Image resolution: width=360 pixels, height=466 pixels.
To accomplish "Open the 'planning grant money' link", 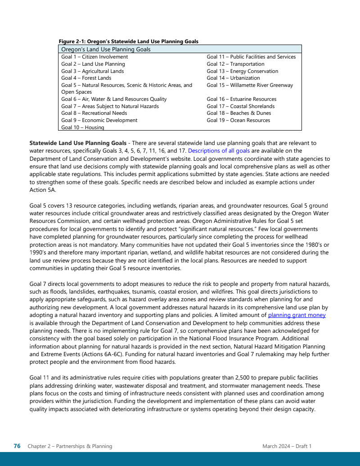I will coord(297,315).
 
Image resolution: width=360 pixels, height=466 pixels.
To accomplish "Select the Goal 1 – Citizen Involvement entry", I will coord(94,57).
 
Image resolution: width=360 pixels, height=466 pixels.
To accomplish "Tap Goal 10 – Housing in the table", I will coord(83,127).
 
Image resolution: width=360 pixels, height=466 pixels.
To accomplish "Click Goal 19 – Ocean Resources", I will coord(238,120).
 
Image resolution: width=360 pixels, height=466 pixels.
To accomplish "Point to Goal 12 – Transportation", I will coord(235,64).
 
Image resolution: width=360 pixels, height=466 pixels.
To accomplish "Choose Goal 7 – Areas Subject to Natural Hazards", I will coord(110,106).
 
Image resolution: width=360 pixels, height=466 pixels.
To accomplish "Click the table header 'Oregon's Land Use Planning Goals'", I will coord(106,50).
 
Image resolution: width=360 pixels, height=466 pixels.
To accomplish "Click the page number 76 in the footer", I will coord(17,446).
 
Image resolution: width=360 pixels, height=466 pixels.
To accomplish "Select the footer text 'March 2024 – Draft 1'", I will coord(287,446).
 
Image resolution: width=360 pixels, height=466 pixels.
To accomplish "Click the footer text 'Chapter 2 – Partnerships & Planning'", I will coord(70,446).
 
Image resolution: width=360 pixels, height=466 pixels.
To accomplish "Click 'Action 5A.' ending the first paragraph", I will coord(42,190).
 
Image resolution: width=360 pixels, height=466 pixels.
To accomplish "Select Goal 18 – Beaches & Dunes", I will coord(238,113).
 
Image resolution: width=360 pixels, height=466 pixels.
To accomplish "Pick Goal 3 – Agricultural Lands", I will coord(92,71).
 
